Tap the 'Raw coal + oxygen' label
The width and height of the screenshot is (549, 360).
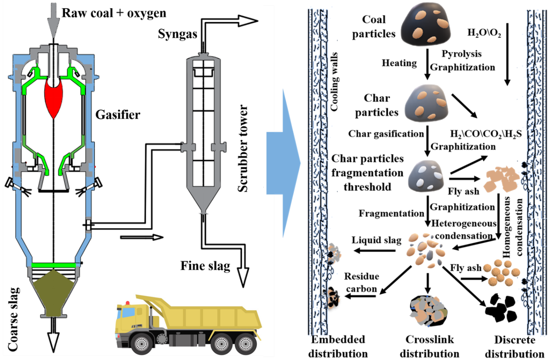point(114,13)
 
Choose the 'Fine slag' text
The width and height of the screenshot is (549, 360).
point(205,265)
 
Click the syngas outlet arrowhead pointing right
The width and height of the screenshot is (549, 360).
point(248,20)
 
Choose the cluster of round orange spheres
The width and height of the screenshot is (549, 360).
point(502,272)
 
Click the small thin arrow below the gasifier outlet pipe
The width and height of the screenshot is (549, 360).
point(142,237)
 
